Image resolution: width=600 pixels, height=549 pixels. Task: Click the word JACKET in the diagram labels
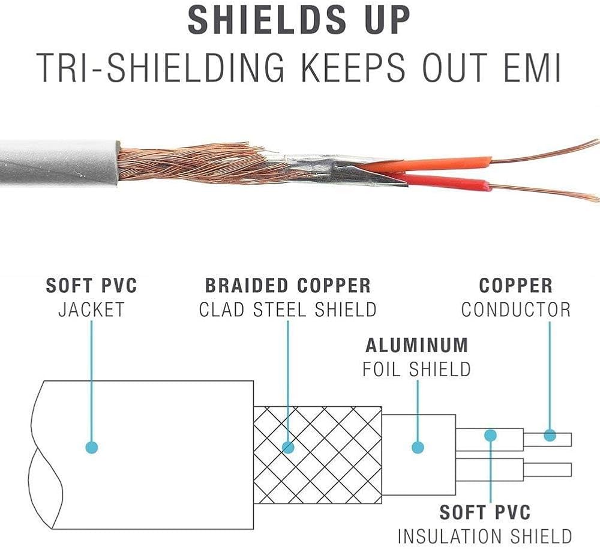91,310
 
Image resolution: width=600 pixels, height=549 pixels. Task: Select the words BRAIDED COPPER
288,286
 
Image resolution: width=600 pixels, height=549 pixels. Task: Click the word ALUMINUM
417,345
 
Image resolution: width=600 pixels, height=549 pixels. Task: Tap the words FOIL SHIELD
417,369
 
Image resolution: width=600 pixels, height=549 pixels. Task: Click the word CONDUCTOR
516,310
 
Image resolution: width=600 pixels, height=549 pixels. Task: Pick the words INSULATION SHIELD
485,536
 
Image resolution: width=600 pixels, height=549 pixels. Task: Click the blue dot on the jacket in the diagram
92,447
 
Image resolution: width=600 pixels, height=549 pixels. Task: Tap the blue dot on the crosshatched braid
288,447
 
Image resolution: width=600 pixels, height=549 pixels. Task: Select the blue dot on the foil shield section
418,447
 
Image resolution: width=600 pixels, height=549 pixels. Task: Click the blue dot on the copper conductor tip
550,435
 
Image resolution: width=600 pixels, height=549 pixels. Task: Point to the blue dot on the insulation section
491,435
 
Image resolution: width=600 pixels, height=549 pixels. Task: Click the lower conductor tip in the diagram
548,469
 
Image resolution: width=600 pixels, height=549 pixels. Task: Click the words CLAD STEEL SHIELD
288,310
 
